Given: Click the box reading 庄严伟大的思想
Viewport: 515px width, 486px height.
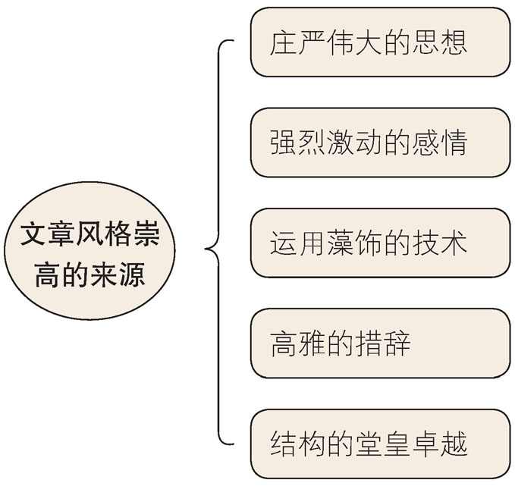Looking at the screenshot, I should point(380,42).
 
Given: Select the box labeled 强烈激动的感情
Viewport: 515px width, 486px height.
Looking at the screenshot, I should point(380,143).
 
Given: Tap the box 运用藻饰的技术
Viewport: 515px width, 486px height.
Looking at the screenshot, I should point(380,243).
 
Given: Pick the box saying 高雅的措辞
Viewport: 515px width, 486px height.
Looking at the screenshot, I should point(380,343).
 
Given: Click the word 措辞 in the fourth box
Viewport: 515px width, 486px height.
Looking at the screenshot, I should point(388,344).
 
